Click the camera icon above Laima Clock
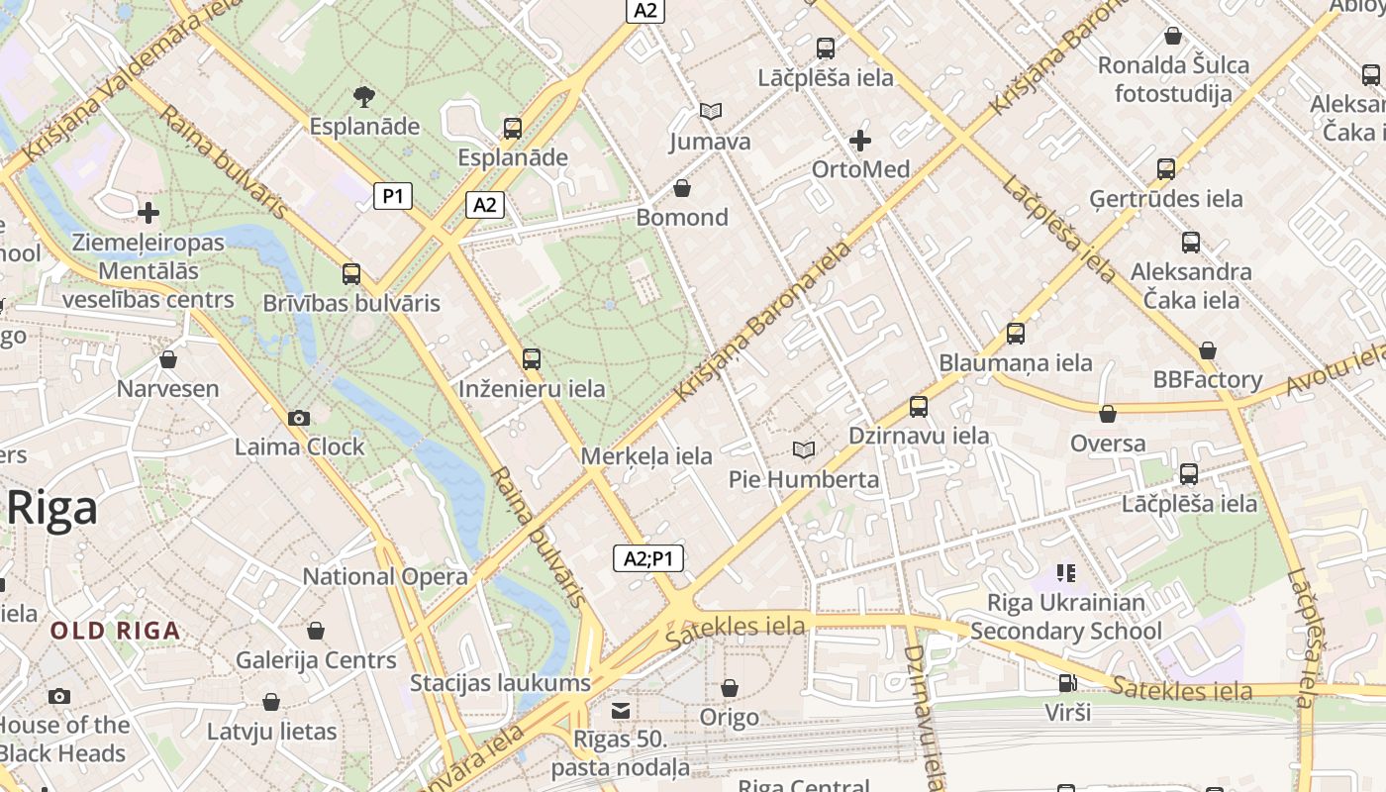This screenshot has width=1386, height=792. pyautogui.click(x=298, y=418)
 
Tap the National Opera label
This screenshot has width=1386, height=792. pyautogui.click(x=385, y=576)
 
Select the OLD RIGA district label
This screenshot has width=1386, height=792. pyautogui.click(x=116, y=631)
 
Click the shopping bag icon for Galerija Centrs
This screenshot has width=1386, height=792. pyautogui.click(x=316, y=631)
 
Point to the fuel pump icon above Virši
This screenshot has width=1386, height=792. pyautogui.click(x=1066, y=682)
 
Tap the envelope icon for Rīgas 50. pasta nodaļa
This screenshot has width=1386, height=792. pyautogui.click(x=621, y=710)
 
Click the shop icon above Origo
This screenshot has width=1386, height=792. pyautogui.click(x=730, y=687)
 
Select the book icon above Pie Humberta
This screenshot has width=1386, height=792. pyautogui.click(x=804, y=450)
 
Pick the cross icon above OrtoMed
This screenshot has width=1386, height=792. pyautogui.click(x=860, y=141)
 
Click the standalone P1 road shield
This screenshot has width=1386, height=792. pyautogui.click(x=393, y=196)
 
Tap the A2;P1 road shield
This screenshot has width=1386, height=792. pyautogui.click(x=648, y=558)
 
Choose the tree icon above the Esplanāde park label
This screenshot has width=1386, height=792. pyautogui.click(x=364, y=97)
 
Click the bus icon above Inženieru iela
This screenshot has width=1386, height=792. pyautogui.click(x=532, y=359)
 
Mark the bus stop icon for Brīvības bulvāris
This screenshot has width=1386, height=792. pyautogui.click(x=351, y=274)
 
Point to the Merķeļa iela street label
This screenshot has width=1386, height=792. pyautogui.click(x=647, y=456)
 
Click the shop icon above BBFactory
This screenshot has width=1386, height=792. pyautogui.click(x=1207, y=350)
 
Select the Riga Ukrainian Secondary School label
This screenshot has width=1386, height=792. pyautogui.click(x=1066, y=617)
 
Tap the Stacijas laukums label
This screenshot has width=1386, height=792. pyautogui.click(x=500, y=683)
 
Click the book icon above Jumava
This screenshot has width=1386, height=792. pyautogui.click(x=710, y=112)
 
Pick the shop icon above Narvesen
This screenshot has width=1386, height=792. pyautogui.click(x=168, y=359)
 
